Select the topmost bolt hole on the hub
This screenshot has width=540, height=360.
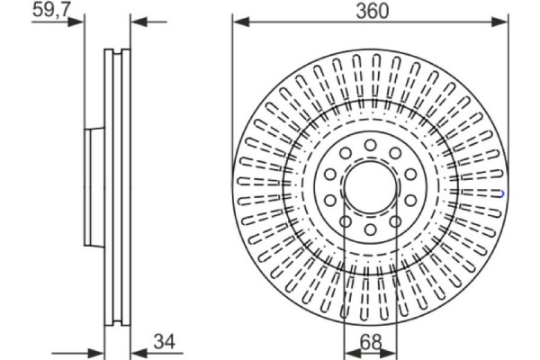coord(370,145)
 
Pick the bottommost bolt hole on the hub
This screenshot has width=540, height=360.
coord(370,230)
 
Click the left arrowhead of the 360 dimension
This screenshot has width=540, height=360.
coord(238,21)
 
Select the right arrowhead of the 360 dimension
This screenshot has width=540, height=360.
coord(500,21)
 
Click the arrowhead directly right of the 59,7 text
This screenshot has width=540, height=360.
coord(81,21)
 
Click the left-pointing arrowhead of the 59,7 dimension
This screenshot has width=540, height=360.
coord(137,21)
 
